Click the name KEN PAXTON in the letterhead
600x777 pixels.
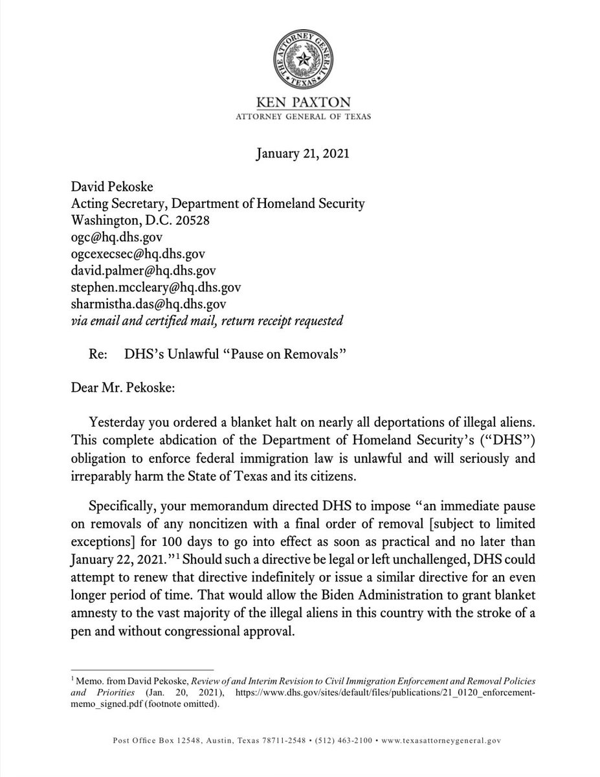pyautogui.click(x=300, y=104)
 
